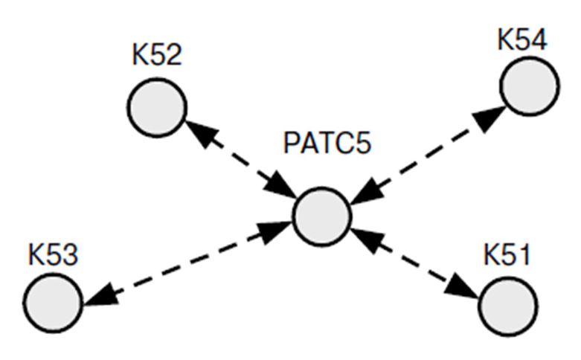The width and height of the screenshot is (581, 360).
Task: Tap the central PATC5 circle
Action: [x=321, y=216]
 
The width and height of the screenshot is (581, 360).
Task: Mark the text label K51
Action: [x=505, y=256]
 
